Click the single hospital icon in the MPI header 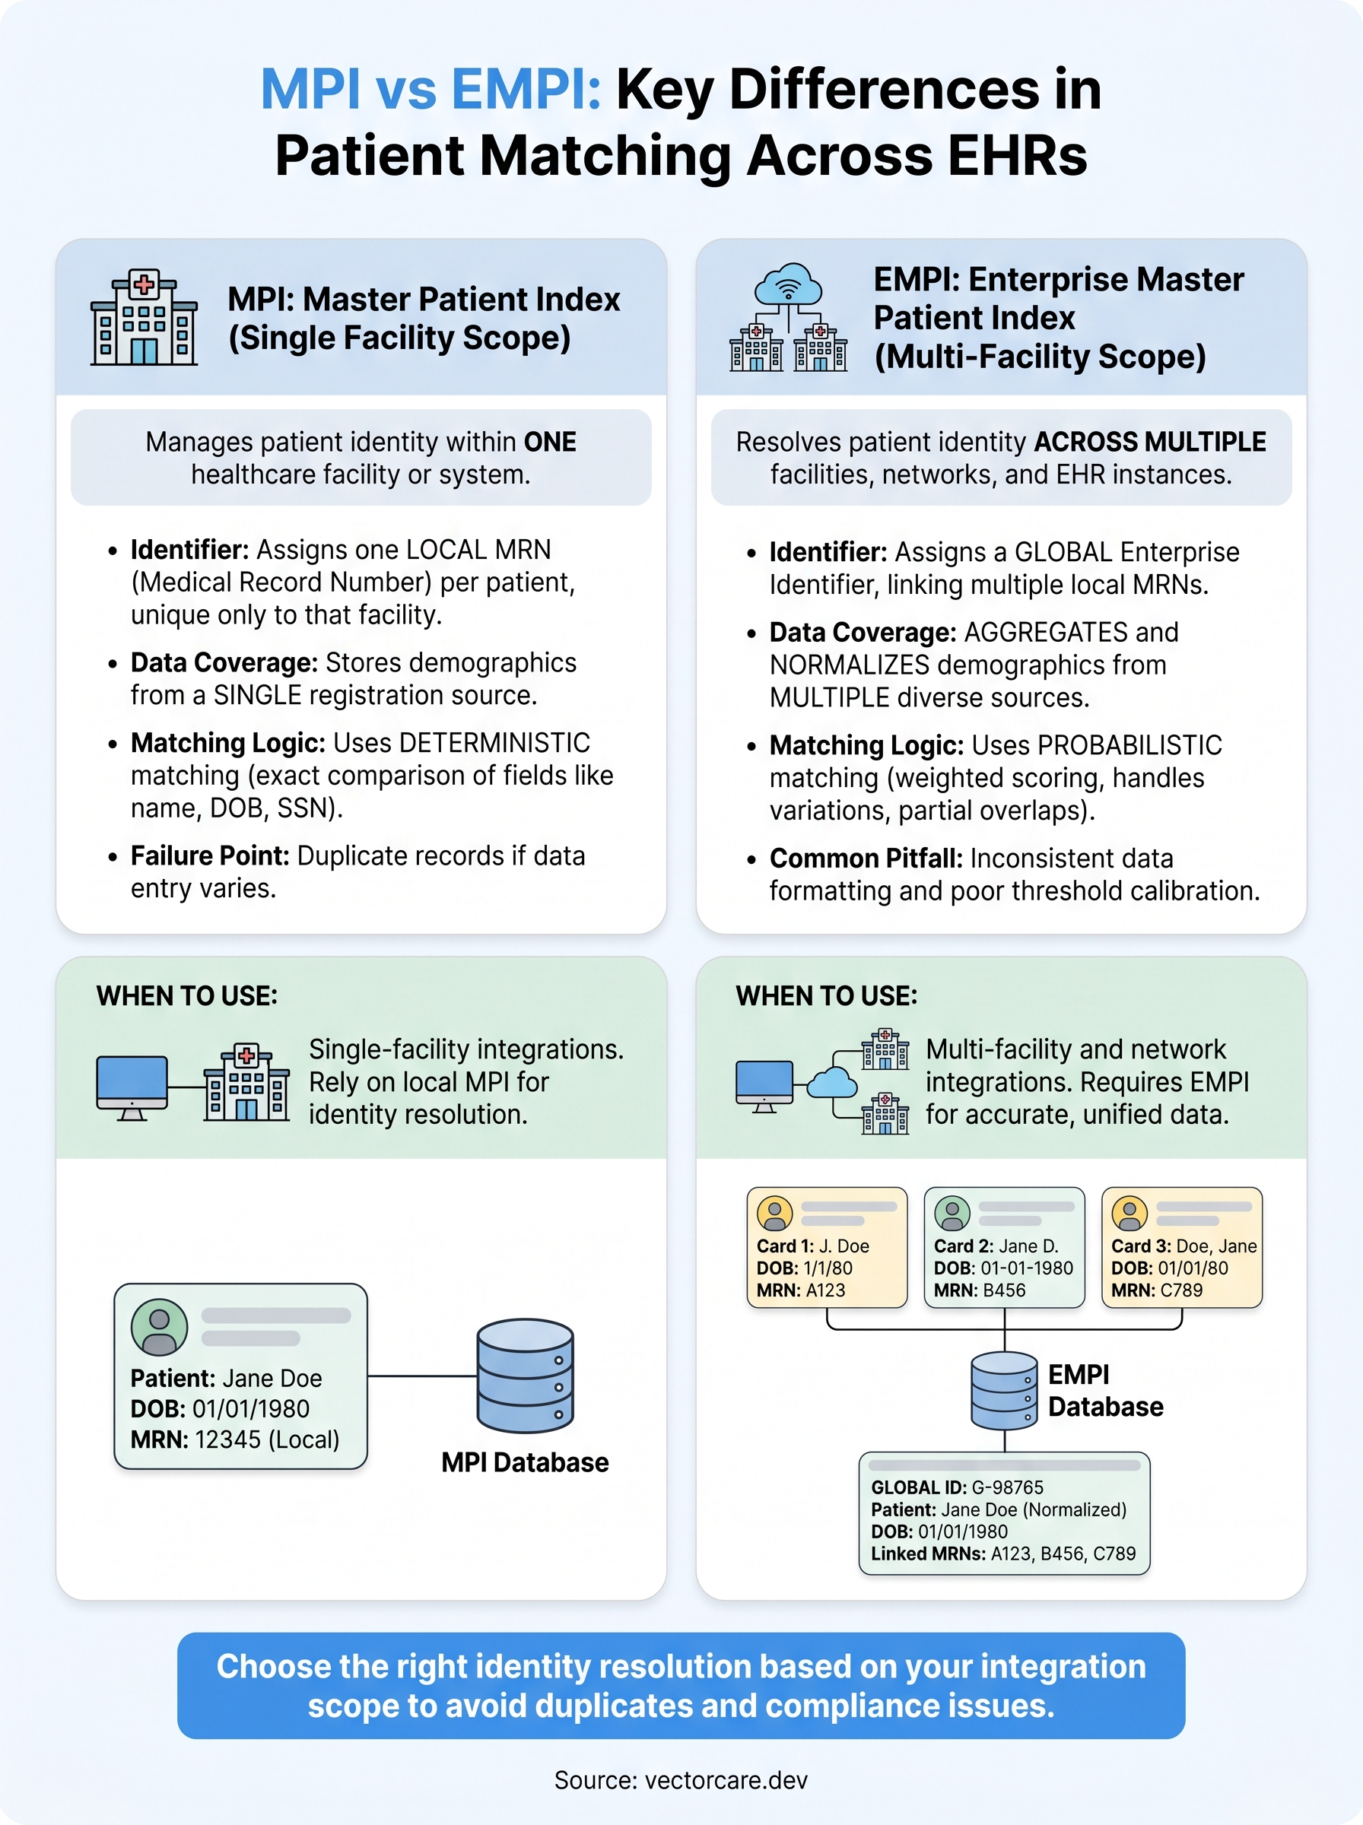pos(144,318)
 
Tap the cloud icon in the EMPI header pos(788,284)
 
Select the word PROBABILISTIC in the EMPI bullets pos(1129,745)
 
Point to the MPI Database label pos(525,1462)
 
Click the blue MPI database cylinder pos(525,1375)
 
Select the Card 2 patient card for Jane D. pos(1004,1247)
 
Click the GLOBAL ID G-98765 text pos(957,1487)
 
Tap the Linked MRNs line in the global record pos(1003,1554)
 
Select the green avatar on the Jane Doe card pos(159,1326)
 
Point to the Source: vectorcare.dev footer pos(681,1779)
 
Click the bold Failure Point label pos(210,856)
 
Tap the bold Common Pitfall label pos(866,859)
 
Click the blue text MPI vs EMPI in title pos(431,89)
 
